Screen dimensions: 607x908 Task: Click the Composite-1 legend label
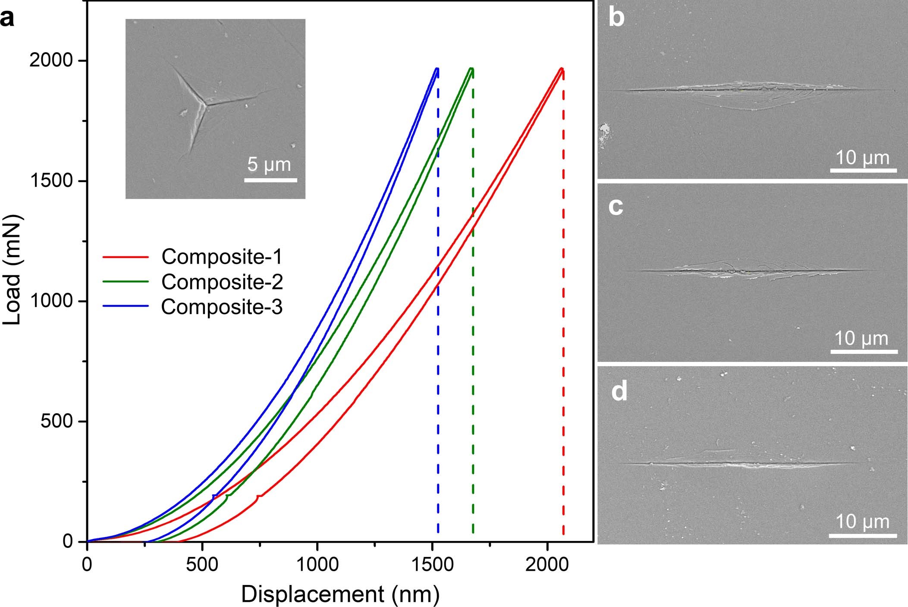coord(222,257)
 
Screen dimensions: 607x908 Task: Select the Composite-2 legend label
coord(222,282)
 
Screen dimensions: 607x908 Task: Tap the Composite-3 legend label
coord(222,307)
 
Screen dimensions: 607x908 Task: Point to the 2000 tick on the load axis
coord(51,61)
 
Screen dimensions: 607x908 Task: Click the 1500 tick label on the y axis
coord(51,181)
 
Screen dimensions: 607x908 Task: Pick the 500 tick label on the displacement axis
coord(202,565)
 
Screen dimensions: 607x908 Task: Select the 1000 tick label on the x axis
coord(317,565)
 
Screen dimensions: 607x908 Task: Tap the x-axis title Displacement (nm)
coord(340,594)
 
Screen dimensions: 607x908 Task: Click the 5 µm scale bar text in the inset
coord(270,165)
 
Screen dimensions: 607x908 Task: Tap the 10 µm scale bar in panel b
coord(864,171)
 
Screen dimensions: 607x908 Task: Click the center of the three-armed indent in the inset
coord(204,103)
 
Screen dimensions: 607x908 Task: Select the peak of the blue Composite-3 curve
coord(437,68)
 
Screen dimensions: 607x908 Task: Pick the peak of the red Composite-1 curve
coord(561,68)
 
